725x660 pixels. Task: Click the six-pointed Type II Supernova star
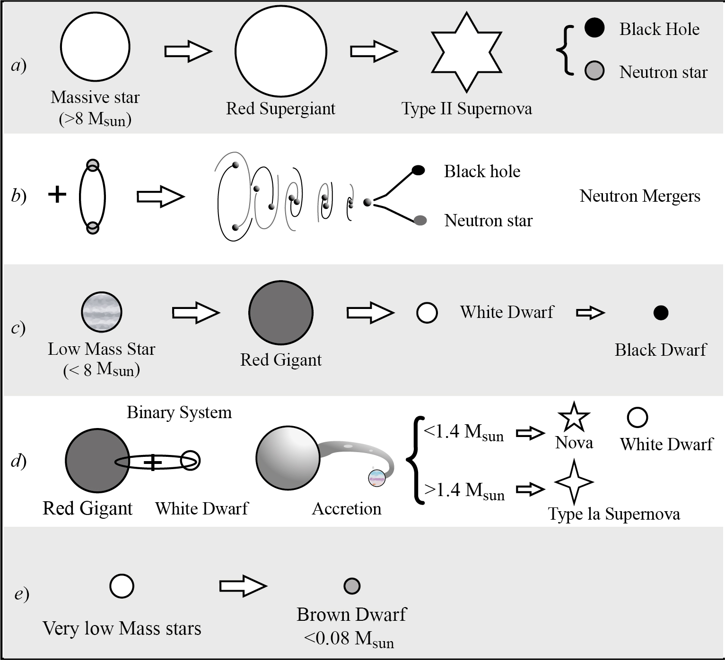[x=466, y=52]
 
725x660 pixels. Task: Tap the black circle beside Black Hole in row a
[x=594, y=27]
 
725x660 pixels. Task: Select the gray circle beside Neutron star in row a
[x=594, y=70]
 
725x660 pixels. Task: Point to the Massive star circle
[x=95, y=47]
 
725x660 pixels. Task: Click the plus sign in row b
[x=57, y=194]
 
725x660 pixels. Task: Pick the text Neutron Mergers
[x=640, y=196]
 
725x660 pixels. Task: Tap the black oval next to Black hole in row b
[x=419, y=170]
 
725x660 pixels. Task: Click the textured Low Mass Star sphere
[x=102, y=312]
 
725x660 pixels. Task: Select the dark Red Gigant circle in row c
[x=281, y=313]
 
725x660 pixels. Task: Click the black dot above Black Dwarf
[x=661, y=313]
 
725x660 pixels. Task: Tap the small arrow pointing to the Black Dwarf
[x=590, y=313]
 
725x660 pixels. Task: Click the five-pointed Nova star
[x=574, y=417]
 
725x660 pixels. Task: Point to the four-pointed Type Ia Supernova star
[x=574, y=482]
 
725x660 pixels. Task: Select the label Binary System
[x=179, y=412]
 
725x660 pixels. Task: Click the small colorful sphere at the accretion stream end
[x=377, y=478]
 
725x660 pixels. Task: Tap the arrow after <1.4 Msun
[x=530, y=433]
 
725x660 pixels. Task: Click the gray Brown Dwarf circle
[x=352, y=586]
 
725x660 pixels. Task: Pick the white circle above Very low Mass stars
[x=122, y=586]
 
